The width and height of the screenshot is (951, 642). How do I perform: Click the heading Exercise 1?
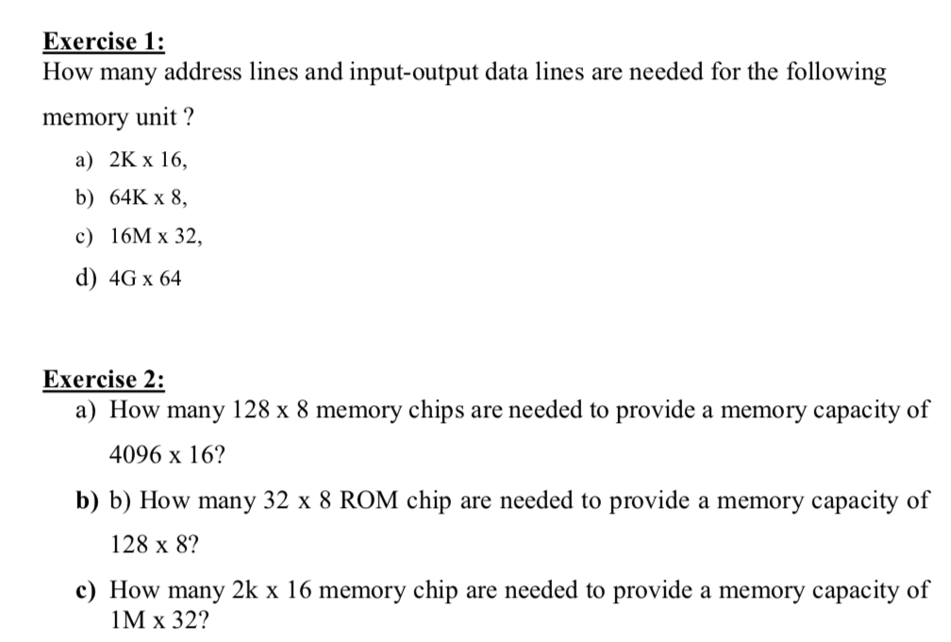click(104, 42)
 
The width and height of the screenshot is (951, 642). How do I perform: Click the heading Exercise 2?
click(104, 380)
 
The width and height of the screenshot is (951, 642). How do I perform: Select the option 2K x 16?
click(148, 160)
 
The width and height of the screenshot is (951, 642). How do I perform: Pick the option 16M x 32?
click(156, 237)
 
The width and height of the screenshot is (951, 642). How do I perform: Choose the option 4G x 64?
click(146, 279)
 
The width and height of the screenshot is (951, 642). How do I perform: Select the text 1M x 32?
click(159, 621)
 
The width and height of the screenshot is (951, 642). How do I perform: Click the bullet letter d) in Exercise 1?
click(87, 279)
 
